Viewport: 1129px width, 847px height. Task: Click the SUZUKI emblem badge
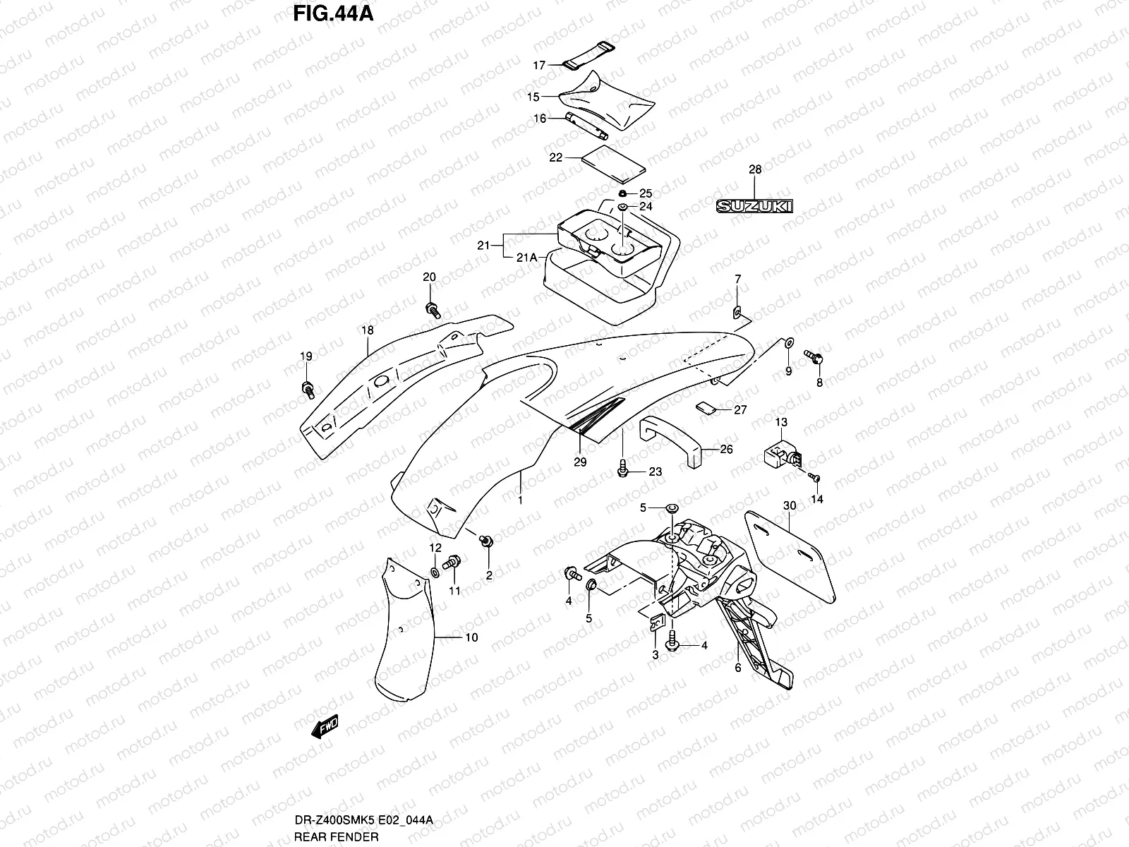click(754, 206)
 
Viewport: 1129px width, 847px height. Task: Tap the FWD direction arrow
click(325, 726)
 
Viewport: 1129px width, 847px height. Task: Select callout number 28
click(755, 169)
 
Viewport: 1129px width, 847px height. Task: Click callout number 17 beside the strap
click(539, 66)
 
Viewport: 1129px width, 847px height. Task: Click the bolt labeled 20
click(432, 308)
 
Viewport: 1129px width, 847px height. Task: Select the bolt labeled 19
click(308, 388)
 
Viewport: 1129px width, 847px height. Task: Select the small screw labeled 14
click(814, 478)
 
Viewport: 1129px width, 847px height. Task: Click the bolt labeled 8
click(813, 357)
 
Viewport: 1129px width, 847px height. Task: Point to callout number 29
click(580, 462)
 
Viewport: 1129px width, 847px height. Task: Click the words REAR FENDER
click(337, 837)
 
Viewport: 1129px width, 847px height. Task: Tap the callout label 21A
click(526, 258)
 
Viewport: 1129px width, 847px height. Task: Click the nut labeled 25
click(622, 193)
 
